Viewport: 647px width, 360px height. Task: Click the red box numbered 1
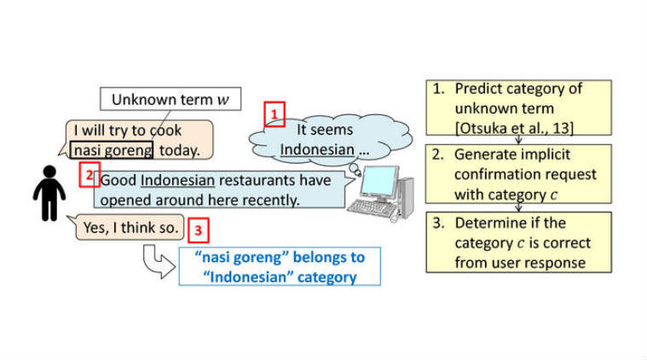274,113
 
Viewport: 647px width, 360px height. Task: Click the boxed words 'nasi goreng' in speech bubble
113,151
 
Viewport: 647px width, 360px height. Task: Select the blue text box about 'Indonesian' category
279,267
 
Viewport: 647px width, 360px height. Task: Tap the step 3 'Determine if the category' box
518,242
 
